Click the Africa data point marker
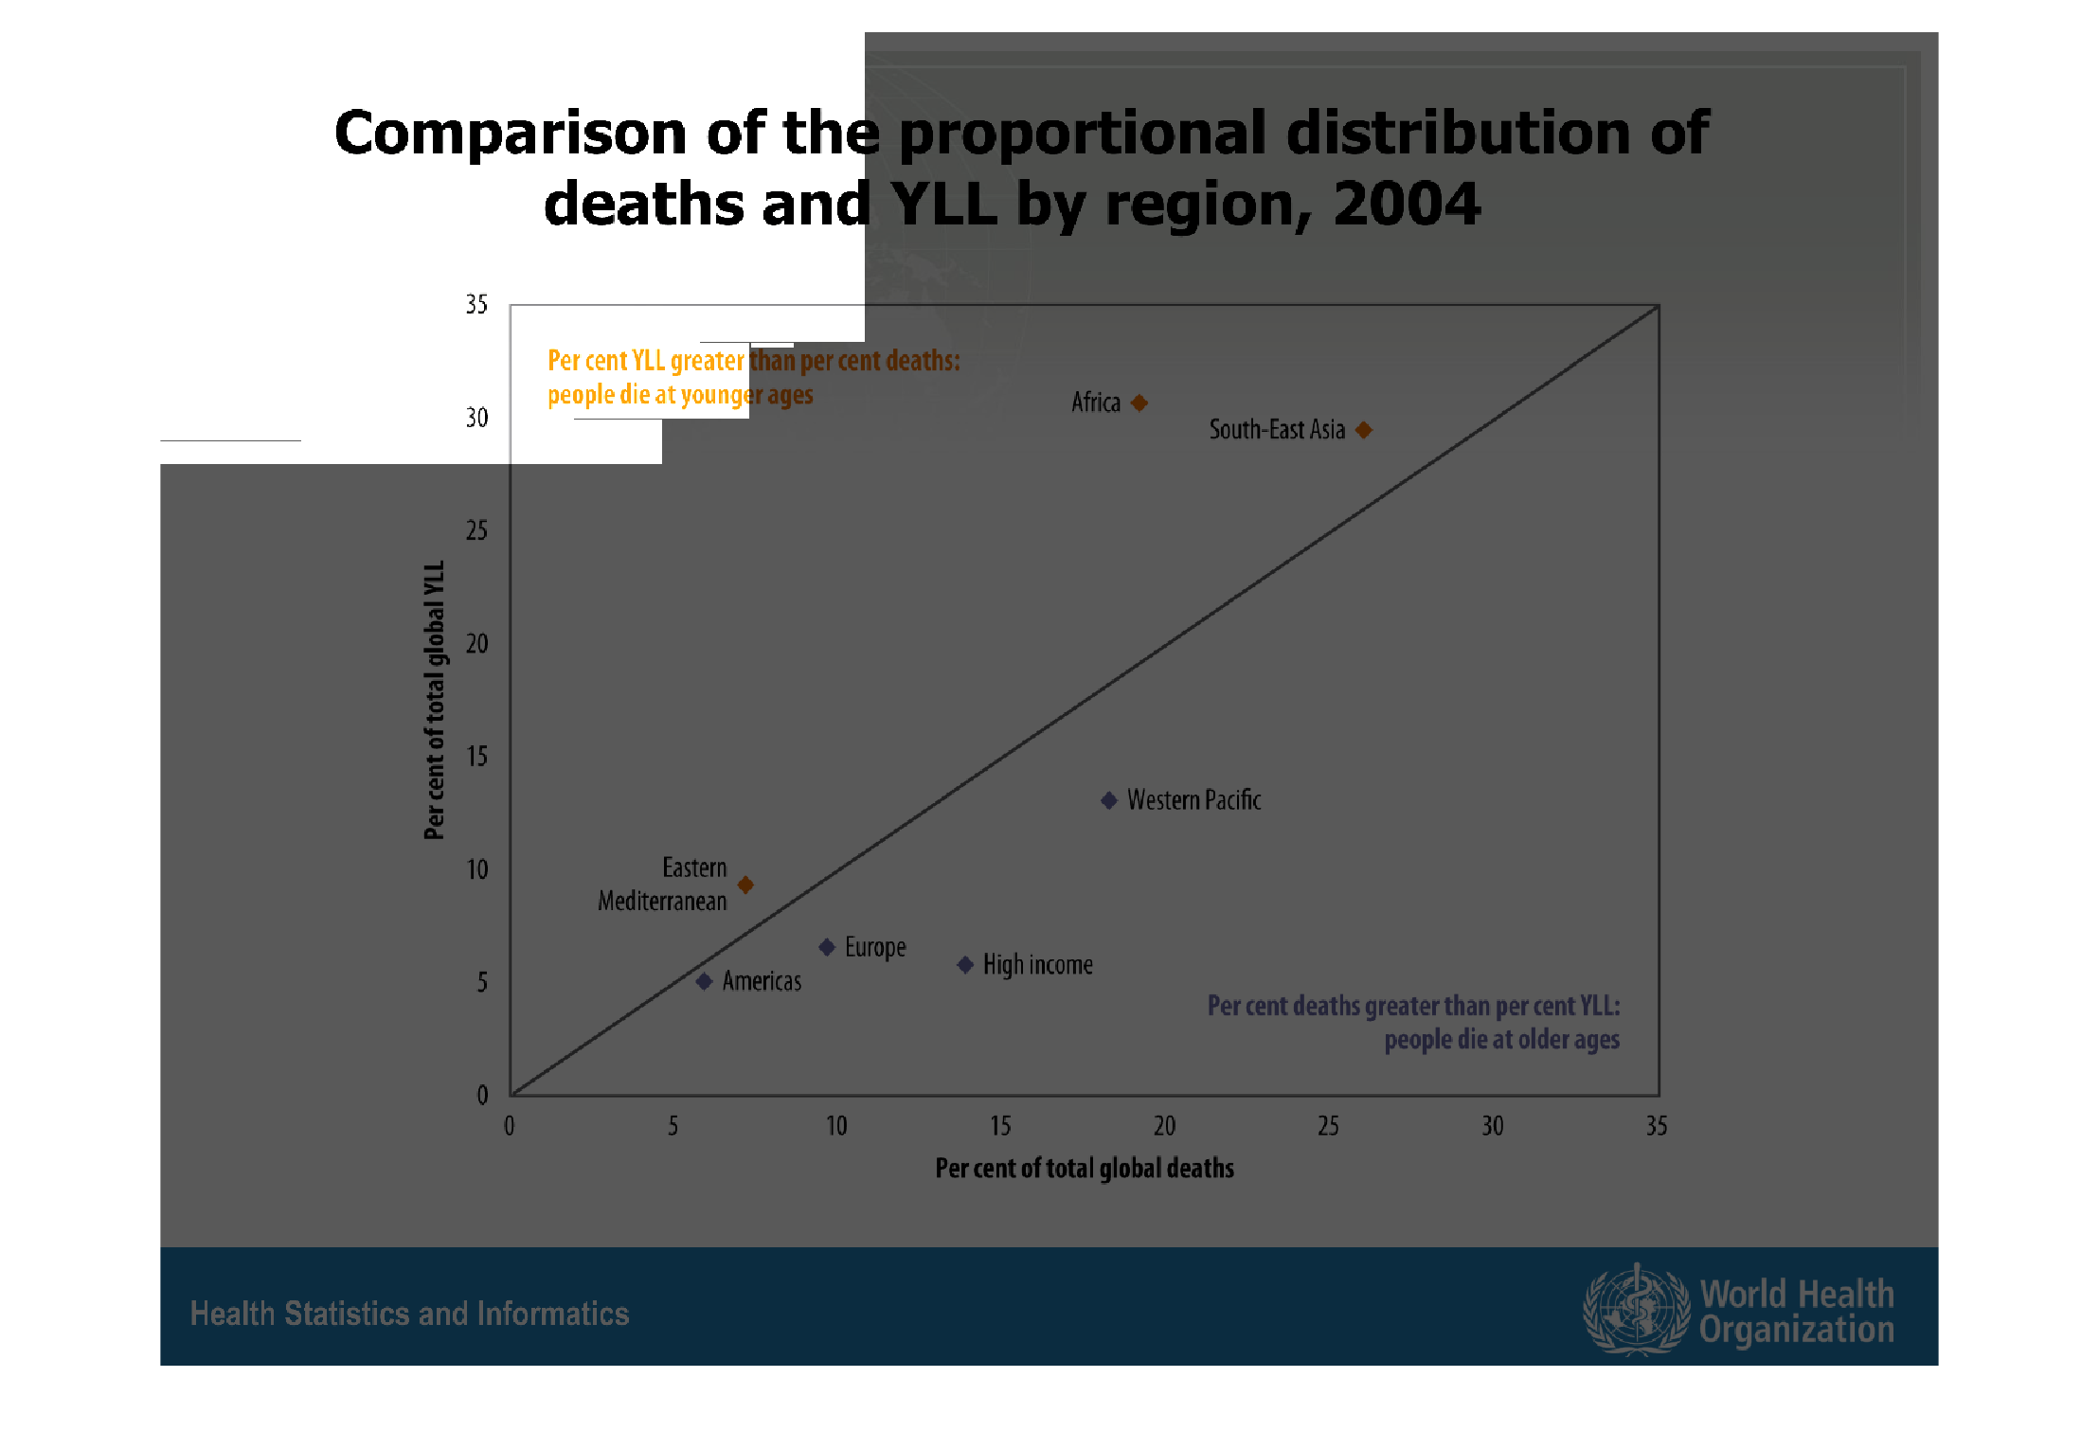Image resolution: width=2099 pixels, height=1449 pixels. click(1139, 403)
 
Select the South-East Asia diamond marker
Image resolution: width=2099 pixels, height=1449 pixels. click(1364, 430)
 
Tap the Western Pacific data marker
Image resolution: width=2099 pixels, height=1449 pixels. click(1109, 801)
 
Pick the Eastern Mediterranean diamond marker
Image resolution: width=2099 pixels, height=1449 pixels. click(745, 885)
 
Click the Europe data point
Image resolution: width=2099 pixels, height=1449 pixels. click(827, 947)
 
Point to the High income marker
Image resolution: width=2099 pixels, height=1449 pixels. click(965, 965)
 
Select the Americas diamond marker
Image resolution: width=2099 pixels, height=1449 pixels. click(704, 981)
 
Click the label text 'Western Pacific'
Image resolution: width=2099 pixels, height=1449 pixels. click(1193, 800)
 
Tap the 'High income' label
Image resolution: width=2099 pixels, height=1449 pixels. click(1037, 965)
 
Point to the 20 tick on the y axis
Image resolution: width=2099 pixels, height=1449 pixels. click(477, 644)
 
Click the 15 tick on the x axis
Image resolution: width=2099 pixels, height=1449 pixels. click(1000, 1126)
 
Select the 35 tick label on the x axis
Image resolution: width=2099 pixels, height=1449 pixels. click(1656, 1126)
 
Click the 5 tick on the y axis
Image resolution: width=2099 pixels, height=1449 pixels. click(482, 983)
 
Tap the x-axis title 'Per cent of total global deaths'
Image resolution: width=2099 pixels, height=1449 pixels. click(1085, 1169)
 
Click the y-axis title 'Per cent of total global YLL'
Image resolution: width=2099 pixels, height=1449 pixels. click(434, 700)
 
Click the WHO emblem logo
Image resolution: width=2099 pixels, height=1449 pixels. click(1636, 1310)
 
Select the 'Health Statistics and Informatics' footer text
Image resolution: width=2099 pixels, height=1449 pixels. click(409, 1314)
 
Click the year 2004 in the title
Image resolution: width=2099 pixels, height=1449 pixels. click(1407, 204)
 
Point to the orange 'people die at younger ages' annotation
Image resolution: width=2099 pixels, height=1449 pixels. click(680, 395)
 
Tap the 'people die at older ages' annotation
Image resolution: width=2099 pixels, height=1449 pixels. click(1501, 1040)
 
